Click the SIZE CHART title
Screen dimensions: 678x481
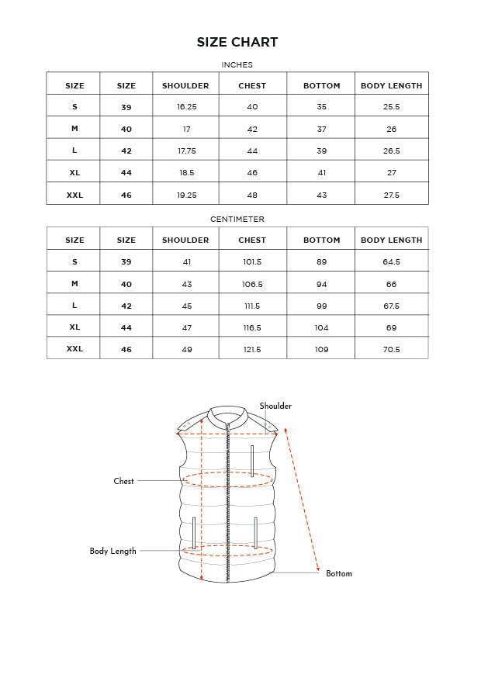tap(237, 42)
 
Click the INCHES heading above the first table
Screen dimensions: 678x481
tap(237, 65)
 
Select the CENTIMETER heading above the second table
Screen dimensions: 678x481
tap(237, 220)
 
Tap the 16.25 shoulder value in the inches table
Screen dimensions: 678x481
tap(186, 107)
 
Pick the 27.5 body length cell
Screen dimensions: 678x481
tap(391, 195)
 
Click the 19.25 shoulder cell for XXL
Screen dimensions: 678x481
tap(186, 195)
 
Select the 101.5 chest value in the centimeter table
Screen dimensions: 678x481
tap(252, 262)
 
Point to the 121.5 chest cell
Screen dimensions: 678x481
tap(252, 349)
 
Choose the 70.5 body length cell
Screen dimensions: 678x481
tap(391, 349)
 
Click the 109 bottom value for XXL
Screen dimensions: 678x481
tap(321, 349)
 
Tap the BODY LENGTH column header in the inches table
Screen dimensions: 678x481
tap(391, 85)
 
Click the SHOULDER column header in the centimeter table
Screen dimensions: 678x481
tap(185, 240)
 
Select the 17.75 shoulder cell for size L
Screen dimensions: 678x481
tap(186, 151)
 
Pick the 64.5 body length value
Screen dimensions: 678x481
tap(391, 262)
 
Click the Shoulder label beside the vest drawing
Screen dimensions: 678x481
tap(275, 406)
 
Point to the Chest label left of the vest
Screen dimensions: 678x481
tap(123, 481)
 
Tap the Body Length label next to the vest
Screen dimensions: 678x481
tap(112, 551)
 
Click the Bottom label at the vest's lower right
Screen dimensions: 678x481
tap(338, 573)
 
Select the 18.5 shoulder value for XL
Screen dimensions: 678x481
tap(186, 173)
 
